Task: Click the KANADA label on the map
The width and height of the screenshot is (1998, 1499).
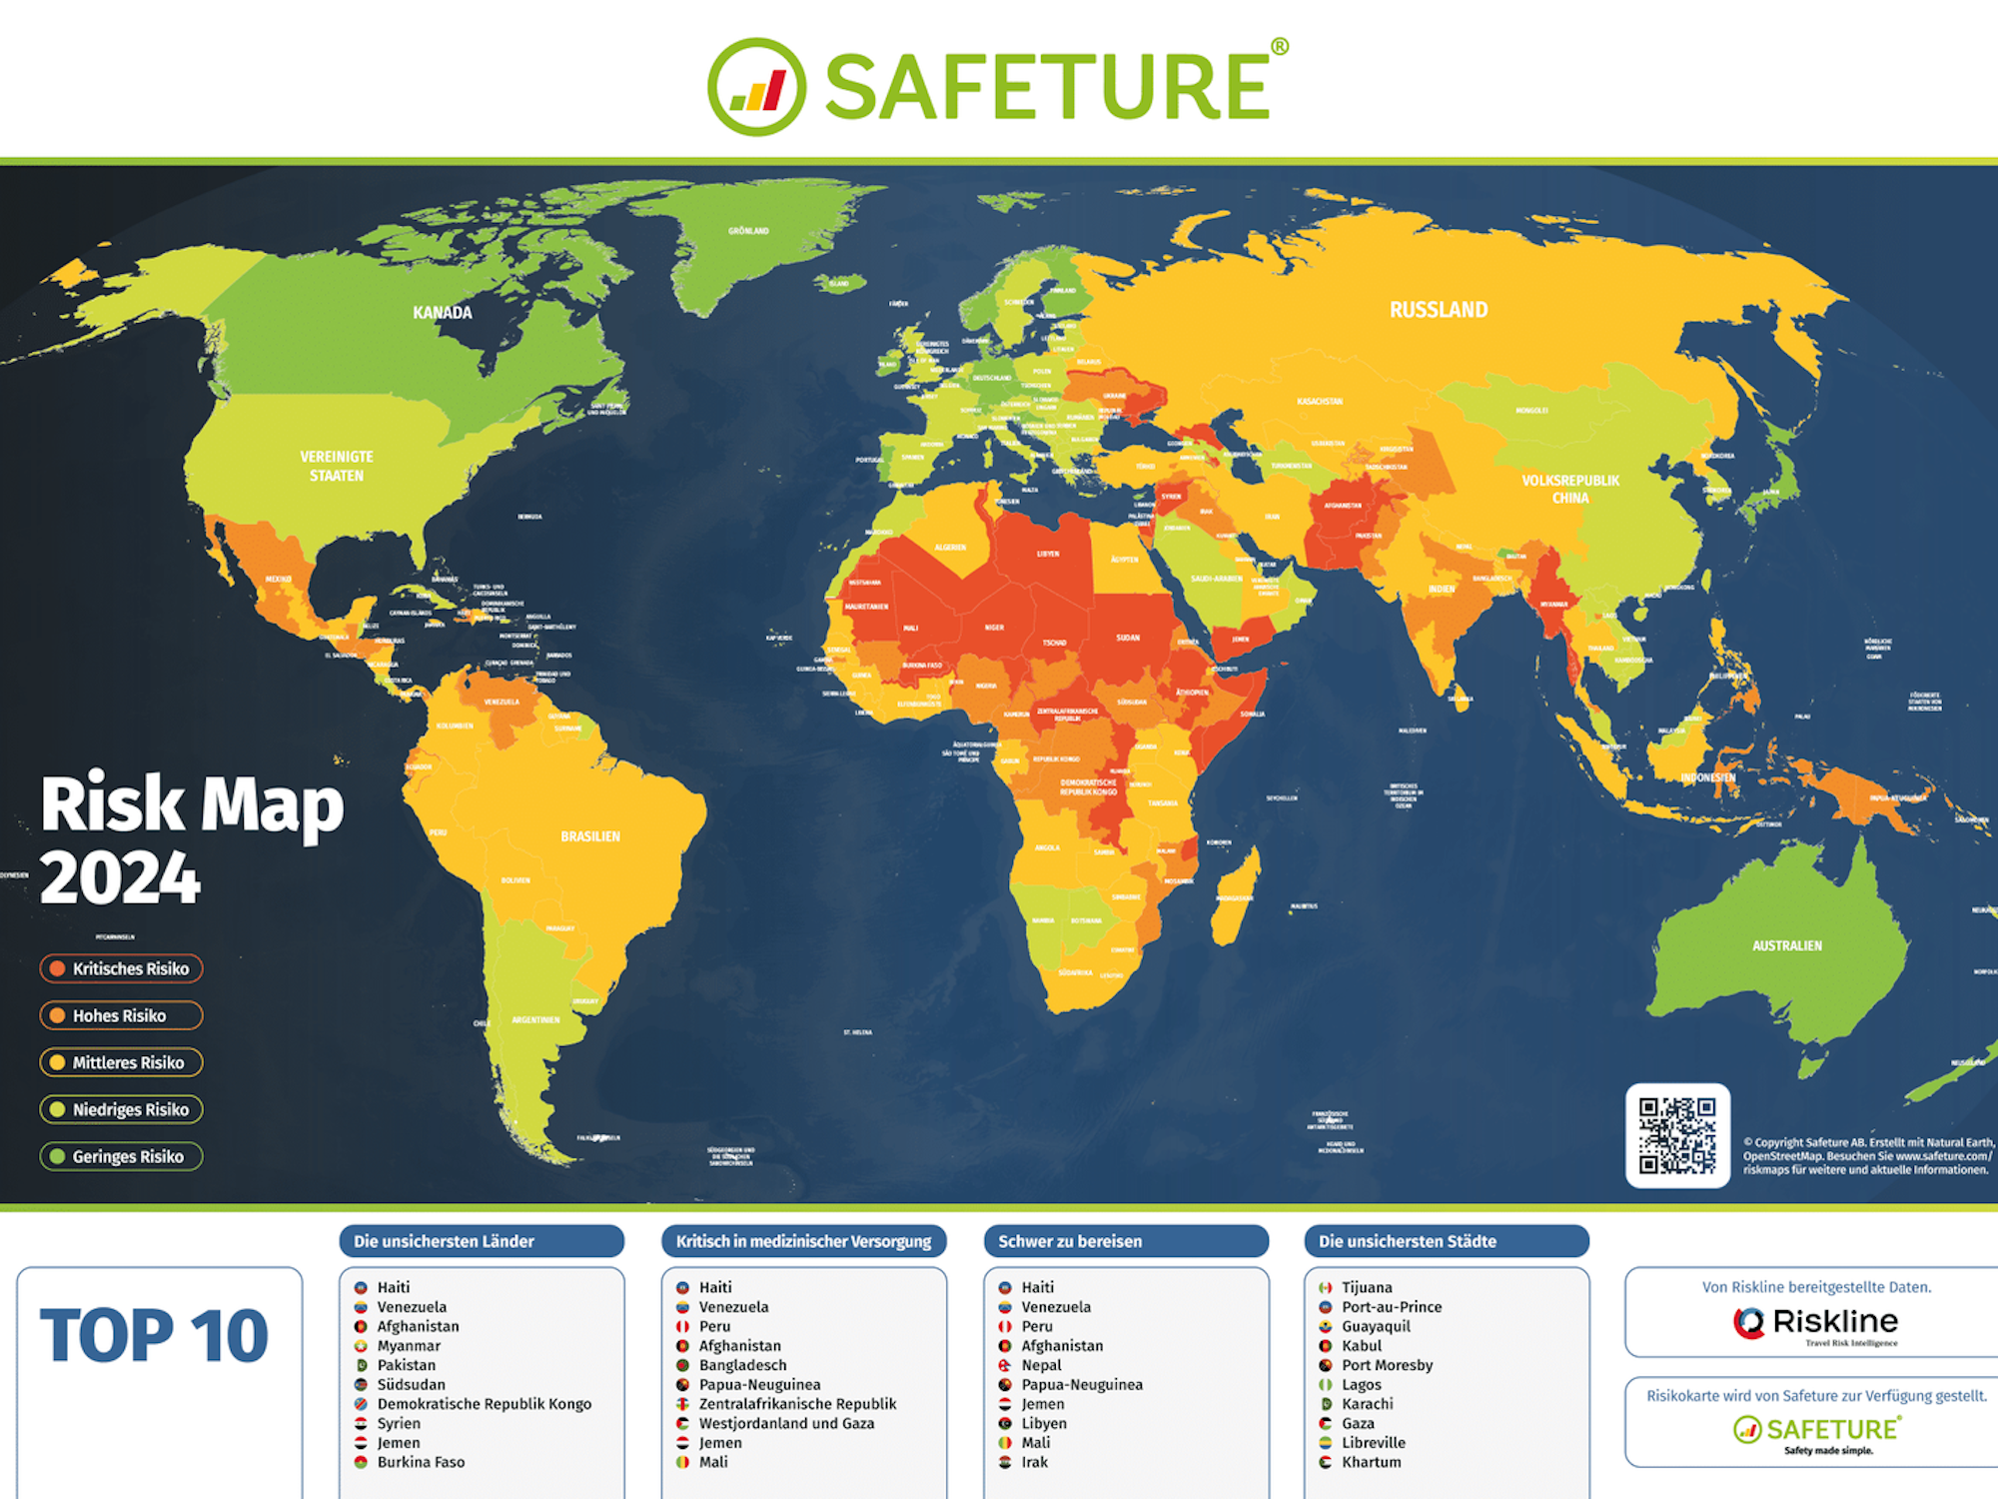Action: [443, 313]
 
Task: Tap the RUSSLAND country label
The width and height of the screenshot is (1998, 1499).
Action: [1439, 310]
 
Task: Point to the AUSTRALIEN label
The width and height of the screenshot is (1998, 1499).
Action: [1787, 945]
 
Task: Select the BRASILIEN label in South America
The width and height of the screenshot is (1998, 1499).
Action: [590, 836]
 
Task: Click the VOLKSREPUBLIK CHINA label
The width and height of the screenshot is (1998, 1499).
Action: [1570, 489]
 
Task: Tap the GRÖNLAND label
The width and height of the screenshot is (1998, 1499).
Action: [748, 231]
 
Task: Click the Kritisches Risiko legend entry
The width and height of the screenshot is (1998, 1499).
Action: [121, 968]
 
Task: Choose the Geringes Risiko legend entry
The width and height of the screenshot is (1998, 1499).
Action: [121, 1156]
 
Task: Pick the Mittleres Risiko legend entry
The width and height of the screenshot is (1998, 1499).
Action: [121, 1062]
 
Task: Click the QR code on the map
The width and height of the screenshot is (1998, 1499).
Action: [1677, 1135]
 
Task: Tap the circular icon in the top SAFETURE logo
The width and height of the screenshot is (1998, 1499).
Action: [756, 87]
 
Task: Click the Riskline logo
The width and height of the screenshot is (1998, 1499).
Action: [1815, 1323]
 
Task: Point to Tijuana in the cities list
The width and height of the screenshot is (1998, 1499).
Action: [1366, 1287]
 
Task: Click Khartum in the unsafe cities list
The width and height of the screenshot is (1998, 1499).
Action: [1371, 1462]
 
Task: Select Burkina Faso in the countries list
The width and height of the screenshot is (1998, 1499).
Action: [421, 1462]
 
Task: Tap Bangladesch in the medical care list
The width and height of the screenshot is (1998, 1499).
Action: [742, 1365]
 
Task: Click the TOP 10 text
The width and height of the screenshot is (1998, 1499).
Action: [155, 1336]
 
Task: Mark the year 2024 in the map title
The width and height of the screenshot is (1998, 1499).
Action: [120, 878]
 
